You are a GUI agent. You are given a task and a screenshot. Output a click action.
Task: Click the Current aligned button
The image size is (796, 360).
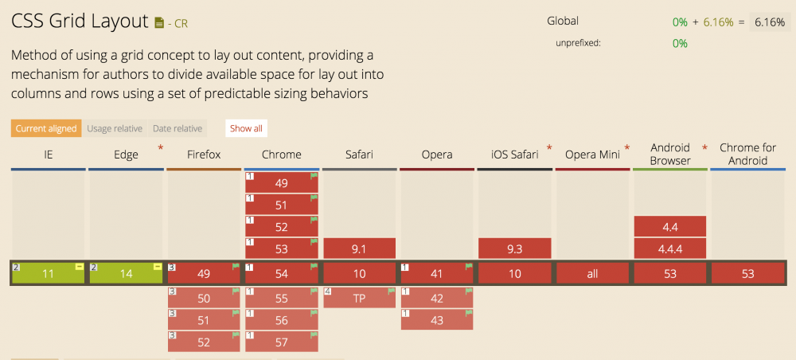[x=46, y=128]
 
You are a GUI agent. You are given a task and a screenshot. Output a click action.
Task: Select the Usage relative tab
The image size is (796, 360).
[x=115, y=128]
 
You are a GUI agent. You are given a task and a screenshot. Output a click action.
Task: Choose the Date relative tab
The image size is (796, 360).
[x=178, y=128]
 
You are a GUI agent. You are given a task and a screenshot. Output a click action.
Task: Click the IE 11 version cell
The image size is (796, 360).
[x=49, y=273]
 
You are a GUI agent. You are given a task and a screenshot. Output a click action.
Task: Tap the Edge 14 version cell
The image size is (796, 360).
[x=126, y=273]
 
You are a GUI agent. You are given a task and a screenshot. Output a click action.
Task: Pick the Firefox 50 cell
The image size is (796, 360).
[x=203, y=298]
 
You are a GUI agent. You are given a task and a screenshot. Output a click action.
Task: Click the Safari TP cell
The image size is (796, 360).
[x=359, y=298]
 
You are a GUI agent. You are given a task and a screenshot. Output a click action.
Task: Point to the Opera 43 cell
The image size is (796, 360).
[x=437, y=319]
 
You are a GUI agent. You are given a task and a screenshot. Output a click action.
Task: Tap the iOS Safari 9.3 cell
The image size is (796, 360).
[x=514, y=248]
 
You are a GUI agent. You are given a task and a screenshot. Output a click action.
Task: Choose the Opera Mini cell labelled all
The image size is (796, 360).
[x=592, y=273]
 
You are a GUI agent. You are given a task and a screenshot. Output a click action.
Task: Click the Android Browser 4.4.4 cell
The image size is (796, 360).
[x=670, y=248]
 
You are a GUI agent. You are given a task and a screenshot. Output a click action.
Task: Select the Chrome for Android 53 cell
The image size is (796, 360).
[x=747, y=273]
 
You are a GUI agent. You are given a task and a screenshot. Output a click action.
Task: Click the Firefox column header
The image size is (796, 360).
[x=204, y=155]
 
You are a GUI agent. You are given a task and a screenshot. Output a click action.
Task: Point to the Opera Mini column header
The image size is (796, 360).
[x=592, y=155]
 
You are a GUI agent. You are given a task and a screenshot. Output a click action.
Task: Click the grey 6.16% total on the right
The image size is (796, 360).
[x=769, y=22]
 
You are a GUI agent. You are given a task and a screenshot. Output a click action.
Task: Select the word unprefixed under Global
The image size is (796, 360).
[x=578, y=43]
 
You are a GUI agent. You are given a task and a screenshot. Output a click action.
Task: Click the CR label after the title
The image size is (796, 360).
[x=181, y=24]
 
